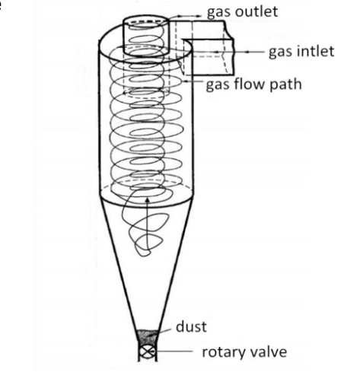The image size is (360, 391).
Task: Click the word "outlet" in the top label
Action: tap(256, 11)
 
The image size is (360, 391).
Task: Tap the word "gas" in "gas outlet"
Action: tap(219, 13)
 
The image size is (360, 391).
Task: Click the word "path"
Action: tap(285, 84)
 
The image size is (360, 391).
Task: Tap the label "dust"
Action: tap(191, 326)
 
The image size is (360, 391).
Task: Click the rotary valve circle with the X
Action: tap(147, 352)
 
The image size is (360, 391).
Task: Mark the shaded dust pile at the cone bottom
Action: tap(148, 337)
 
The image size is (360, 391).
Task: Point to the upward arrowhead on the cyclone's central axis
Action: tap(148, 201)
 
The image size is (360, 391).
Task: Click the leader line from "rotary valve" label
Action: tap(173, 351)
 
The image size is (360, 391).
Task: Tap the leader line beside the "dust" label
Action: tap(165, 329)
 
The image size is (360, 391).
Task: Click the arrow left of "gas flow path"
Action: tap(193, 81)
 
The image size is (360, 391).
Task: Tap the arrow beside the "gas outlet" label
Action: tap(185, 16)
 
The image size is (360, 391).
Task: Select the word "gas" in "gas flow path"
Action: tap(218, 86)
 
